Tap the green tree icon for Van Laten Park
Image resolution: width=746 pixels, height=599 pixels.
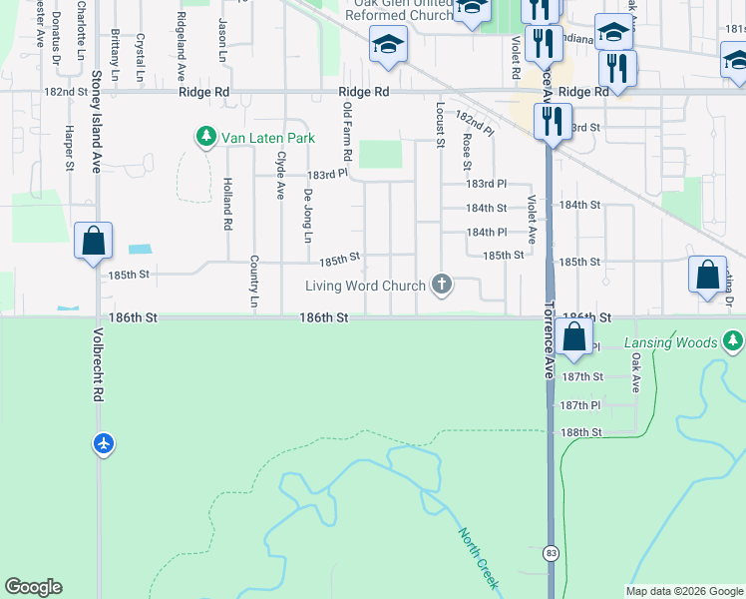[x=206, y=136]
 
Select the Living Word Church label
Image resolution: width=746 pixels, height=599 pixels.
[x=365, y=287]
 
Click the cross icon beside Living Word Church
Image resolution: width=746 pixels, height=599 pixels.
[x=442, y=287]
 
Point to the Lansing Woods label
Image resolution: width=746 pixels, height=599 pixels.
[x=671, y=343]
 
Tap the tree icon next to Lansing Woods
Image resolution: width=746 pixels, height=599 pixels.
[x=733, y=342]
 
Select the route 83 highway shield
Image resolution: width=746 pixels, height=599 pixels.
[x=551, y=552]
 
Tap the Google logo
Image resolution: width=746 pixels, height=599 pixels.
[x=33, y=587]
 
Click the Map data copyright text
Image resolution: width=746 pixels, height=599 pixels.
[x=684, y=591]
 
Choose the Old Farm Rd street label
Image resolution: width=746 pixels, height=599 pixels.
[x=347, y=131]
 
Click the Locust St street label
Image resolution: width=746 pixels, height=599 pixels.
[x=440, y=124]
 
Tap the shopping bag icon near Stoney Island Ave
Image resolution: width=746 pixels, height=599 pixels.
[x=93, y=241]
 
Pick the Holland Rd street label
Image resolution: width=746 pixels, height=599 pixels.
[x=227, y=203]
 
